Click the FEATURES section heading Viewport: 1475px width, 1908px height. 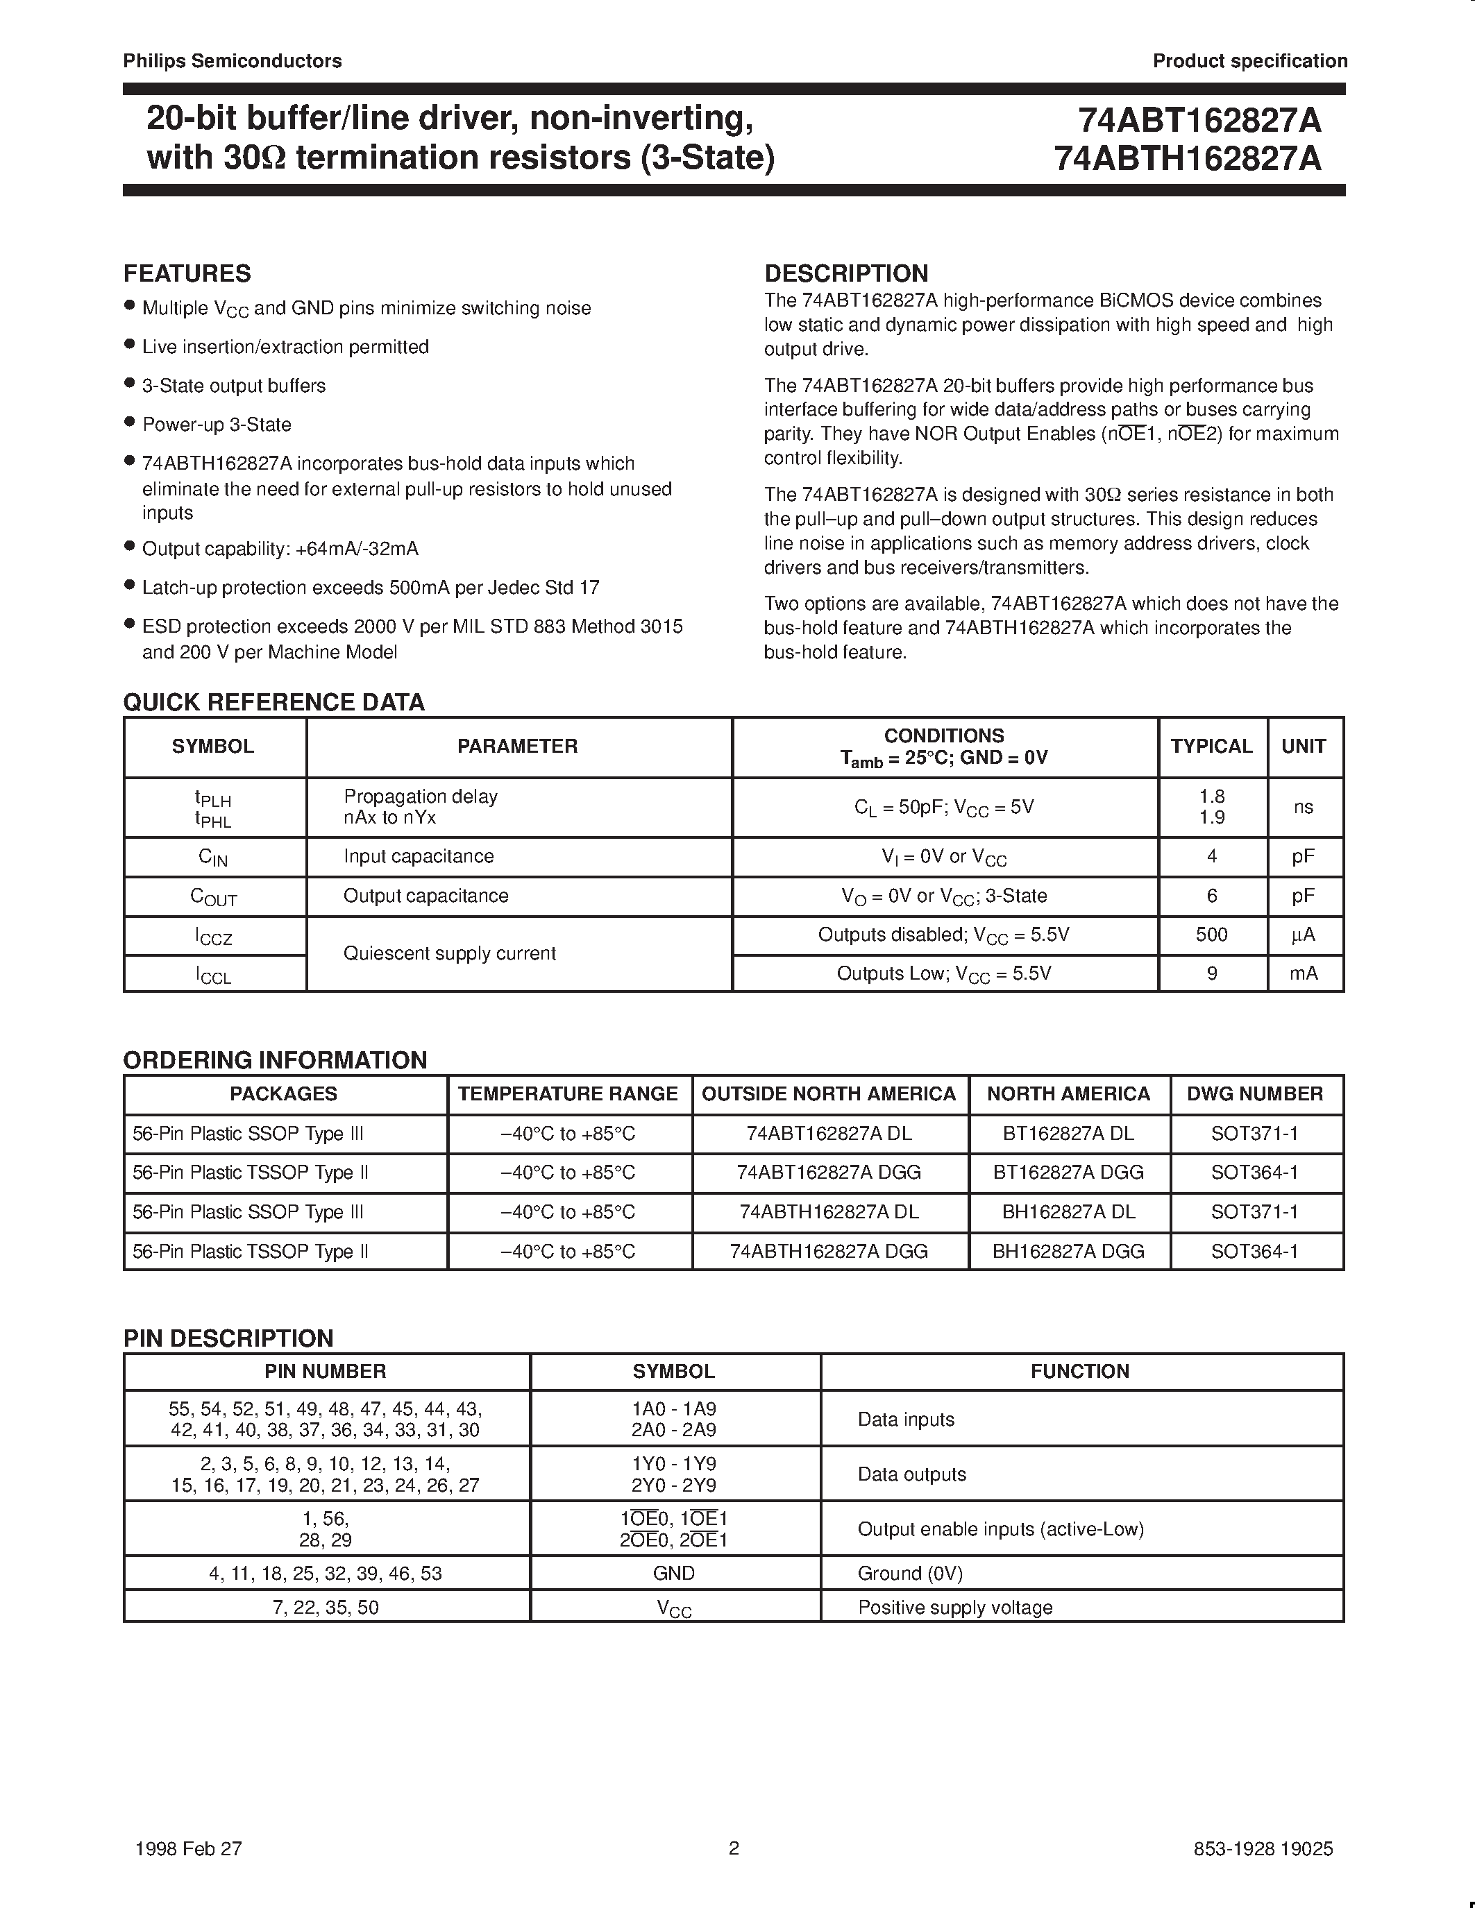[x=187, y=273]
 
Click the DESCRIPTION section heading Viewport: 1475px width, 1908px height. [x=846, y=273]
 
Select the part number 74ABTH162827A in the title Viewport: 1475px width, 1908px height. [x=1188, y=159]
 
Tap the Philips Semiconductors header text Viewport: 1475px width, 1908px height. [x=233, y=61]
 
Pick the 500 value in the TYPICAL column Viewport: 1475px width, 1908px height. [x=1211, y=935]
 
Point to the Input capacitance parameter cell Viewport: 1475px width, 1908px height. [x=419, y=856]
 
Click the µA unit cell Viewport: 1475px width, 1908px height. [x=1303, y=935]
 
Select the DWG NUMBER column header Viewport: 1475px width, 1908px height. [x=1255, y=1093]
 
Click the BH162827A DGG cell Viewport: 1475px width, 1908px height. [x=1068, y=1251]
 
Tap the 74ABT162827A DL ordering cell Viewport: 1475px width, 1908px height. [x=829, y=1133]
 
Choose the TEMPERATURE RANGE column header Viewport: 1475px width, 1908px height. [x=568, y=1093]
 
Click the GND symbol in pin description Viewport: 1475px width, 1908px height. [x=674, y=1574]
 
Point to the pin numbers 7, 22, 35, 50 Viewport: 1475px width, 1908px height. [x=326, y=1608]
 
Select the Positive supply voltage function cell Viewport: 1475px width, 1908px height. [x=955, y=1608]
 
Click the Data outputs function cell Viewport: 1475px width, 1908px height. [x=911, y=1474]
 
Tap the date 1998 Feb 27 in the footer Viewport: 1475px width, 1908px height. [x=189, y=1848]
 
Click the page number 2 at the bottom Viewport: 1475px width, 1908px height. [x=734, y=1848]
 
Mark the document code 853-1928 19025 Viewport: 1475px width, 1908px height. [x=1263, y=1848]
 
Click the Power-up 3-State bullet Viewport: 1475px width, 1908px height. [x=217, y=425]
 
